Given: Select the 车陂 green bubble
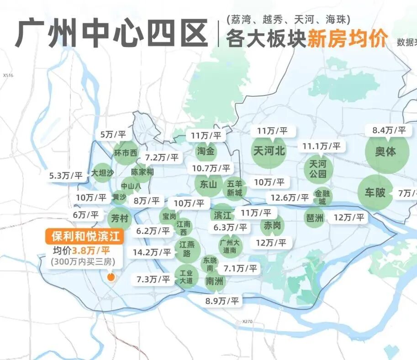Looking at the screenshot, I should click(375, 192).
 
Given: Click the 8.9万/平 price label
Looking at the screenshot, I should click(222, 301).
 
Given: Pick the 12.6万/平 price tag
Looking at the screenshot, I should click(289, 198).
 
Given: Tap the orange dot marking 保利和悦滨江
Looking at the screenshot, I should click(110, 277).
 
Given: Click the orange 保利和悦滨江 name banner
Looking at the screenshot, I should click(85, 237).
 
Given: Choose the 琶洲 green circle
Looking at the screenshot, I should click(314, 217).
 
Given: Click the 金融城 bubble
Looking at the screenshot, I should click(322, 197).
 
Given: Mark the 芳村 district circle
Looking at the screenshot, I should click(118, 217).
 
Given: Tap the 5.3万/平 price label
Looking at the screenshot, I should click(66, 175).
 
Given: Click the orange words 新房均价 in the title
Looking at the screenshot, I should click(348, 37).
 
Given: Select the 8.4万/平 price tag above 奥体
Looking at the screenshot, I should click(389, 130).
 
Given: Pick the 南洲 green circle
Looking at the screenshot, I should click(214, 281).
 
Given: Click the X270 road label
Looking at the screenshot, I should click(248, 321).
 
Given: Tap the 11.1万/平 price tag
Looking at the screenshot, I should click(321, 146).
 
